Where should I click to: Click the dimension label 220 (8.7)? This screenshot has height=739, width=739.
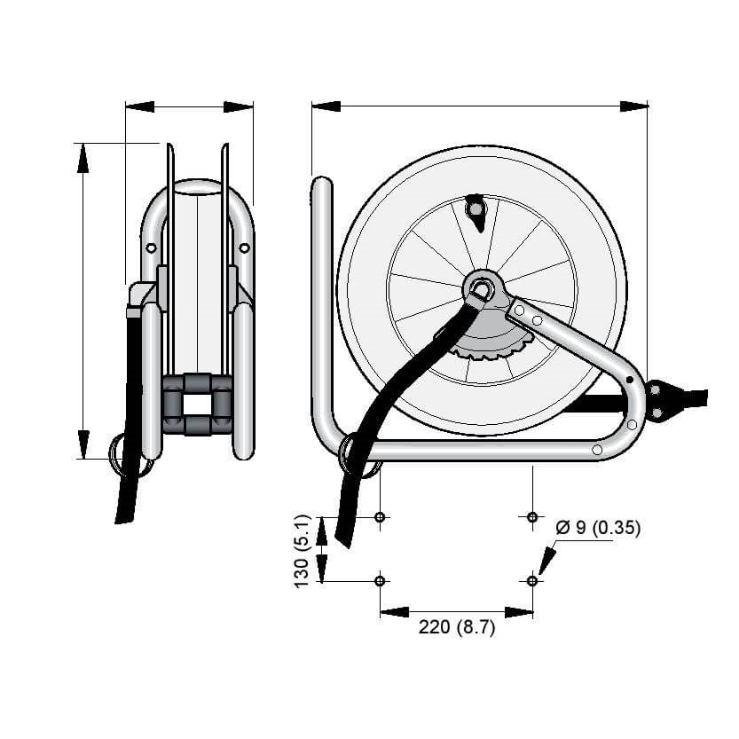pyautogui.click(x=457, y=627)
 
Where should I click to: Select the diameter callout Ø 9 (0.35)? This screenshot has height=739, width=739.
pyautogui.click(x=598, y=528)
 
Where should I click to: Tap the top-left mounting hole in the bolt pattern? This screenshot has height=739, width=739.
pyautogui.click(x=380, y=517)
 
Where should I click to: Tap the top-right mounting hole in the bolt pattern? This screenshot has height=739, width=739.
pyautogui.click(x=532, y=517)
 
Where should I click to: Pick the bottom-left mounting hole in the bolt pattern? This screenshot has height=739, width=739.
pyautogui.click(x=380, y=580)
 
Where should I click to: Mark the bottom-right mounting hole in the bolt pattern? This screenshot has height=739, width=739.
pyautogui.click(x=532, y=580)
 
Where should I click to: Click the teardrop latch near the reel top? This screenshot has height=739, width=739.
pyautogui.click(x=476, y=212)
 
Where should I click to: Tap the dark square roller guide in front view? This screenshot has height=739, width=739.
pyautogui.click(x=198, y=405)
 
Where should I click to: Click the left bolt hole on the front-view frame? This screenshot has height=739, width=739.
pyautogui.click(x=152, y=248)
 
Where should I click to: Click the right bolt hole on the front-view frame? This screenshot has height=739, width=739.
pyautogui.click(x=244, y=248)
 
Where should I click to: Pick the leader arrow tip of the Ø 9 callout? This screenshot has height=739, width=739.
pyautogui.click(x=540, y=575)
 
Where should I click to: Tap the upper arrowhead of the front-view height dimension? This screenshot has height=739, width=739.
pyautogui.click(x=83, y=158)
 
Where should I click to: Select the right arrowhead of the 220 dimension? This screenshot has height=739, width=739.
pyautogui.click(x=519, y=612)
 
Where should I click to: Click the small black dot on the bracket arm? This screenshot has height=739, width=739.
pyautogui.click(x=629, y=380)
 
